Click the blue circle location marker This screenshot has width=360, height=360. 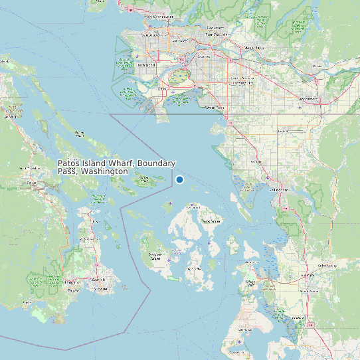pyautogui.click(x=179, y=179)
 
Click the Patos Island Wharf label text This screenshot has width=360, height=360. pyautogui.click(x=116, y=167)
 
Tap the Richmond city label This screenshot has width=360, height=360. pyautogui.click(x=146, y=65)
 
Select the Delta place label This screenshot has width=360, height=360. pyautogui.click(x=163, y=88)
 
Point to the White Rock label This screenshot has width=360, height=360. pyautogui.click(x=215, y=107)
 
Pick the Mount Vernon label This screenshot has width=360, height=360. pyautogui.click(x=308, y=290)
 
